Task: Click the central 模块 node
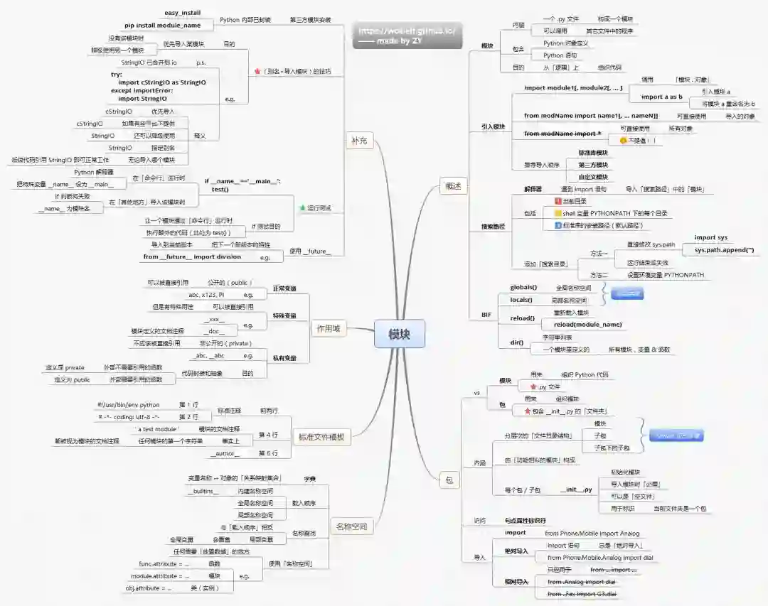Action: click(x=399, y=334)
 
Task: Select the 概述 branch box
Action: click(x=454, y=186)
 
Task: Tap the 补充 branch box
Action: click(x=358, y=141)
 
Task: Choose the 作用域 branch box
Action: click(x=327, y=328)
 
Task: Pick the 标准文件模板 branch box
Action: click(x=321, y=437)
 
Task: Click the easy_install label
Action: click(x=182, y=13)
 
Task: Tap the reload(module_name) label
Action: click(x=587, y=325)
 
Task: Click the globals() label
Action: click(x=523, y=288)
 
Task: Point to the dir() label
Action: click(x=517, y=342)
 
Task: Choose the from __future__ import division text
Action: click(x=192, y=256)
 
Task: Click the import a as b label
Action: click(x=661, y=97)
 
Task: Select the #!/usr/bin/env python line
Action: click(x=129, y=405)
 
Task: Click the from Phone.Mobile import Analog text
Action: click(x=592, y=533)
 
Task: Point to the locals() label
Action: click(x=521, y=300)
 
